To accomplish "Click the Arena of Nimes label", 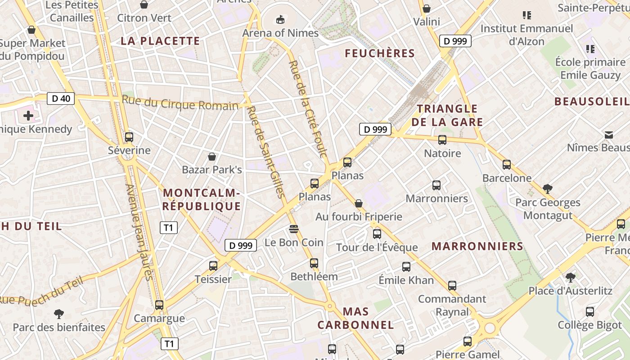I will point(280,33).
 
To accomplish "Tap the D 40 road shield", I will point(61,98).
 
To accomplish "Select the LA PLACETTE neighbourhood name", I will point(160,41).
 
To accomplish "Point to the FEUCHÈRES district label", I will point(380,53).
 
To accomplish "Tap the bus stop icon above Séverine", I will point(129,137).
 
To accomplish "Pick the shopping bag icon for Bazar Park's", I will point(212,157).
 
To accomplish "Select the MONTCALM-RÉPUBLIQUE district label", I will point(202,199).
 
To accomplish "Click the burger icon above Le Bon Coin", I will point(294,229).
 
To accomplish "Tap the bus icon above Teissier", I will point(213,266).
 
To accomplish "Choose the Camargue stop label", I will point(159,318).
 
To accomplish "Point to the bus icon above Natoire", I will point(442,140).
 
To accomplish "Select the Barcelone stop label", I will point(507,178).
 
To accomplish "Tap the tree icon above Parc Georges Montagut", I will point(547,189).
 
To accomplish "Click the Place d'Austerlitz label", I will point(570,291).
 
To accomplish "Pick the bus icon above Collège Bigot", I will point(590,311).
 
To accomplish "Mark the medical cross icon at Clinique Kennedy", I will point(28,116).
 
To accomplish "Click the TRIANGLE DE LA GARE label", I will point(447,115).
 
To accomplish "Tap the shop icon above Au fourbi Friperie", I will point(359,203).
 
